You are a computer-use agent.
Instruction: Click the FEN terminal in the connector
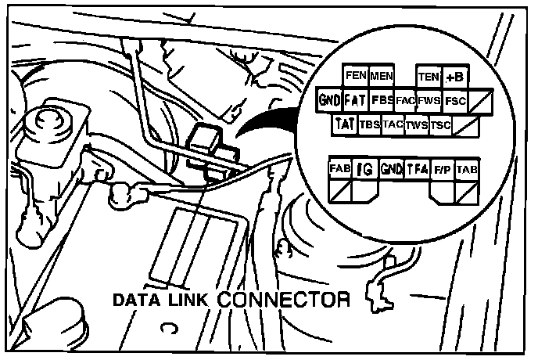coord(356,77)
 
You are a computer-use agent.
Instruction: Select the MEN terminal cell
coord(381,77)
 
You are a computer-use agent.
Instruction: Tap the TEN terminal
coord(429,77)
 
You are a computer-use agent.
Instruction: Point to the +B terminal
coord(454,77)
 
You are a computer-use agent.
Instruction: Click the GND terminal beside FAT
coord(329,100)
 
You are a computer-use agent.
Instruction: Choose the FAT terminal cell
coord(355,100)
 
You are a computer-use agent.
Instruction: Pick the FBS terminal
coord(382,100)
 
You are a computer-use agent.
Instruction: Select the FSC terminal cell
coord(454,100)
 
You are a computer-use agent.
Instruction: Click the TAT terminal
coord(344,124)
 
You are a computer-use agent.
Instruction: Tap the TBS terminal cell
coord(368,124)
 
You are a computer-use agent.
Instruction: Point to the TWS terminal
coord(417,124)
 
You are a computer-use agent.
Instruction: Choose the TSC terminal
coord(440,124)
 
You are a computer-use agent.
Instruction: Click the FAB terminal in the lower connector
coord(339,168)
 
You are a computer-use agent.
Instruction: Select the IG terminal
coord(364,168)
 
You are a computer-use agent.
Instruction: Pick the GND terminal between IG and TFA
coord(390,168)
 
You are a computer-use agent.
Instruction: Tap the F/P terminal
coord(442,168)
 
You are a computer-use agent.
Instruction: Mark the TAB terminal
coord(466,168)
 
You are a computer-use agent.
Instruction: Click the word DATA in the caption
coord(138,300)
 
